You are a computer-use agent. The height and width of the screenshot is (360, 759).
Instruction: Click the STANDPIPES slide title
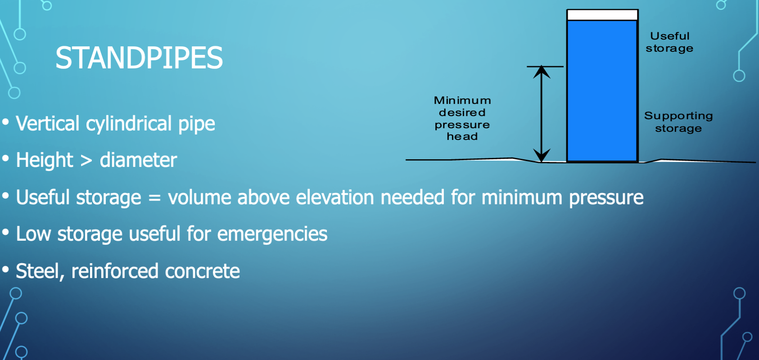coord(139,58)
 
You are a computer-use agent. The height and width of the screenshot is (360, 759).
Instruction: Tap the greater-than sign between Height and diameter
coord(86,161)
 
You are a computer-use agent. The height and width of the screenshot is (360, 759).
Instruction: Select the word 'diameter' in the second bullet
coord(138,160)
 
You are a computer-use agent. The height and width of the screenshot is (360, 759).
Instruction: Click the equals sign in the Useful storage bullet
coord(154,198)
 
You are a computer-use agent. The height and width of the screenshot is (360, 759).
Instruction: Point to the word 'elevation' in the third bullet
coord(335,197)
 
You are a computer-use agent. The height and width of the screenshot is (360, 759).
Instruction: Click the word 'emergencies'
coord(272,234)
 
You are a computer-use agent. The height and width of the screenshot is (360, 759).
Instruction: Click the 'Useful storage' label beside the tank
coord(669,42)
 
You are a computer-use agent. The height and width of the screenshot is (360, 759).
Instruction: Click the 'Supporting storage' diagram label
coord(678,122)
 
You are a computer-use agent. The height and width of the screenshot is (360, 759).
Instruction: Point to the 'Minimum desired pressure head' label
coord(462,118)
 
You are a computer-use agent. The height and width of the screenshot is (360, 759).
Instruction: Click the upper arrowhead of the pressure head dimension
coord(542,72)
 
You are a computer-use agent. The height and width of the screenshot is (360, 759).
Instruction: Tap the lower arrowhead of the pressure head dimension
coord(542,155)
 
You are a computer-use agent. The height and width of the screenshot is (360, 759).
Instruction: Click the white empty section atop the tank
coord(602,15)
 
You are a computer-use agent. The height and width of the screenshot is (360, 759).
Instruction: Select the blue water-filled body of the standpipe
coord(602,91)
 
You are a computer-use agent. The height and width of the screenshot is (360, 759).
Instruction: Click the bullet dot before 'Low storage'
coord(5,233)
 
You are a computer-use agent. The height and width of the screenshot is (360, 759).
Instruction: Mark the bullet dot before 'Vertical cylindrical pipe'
coord(5,122)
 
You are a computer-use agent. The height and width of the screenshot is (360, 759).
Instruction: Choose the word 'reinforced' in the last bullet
coord(115,271)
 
